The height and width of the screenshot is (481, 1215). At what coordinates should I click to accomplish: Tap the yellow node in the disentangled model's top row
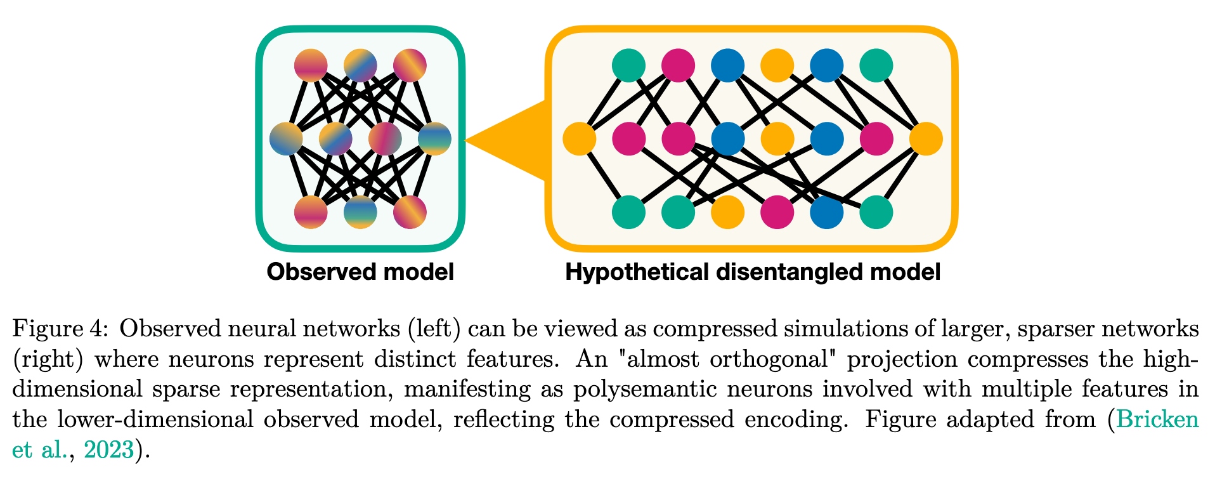(777, 65)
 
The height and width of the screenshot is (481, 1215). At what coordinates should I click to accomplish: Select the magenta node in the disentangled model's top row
(678, 65)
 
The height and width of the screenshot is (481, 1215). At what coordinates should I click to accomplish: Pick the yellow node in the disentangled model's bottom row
(727, 212)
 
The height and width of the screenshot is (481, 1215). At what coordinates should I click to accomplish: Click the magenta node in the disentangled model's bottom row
(777, 212)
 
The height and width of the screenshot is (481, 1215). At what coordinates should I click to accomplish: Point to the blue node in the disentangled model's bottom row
(826, 212)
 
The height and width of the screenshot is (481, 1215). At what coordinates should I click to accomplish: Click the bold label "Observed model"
(360, 272)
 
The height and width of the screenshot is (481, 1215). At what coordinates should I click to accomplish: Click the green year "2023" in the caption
(109, 450)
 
